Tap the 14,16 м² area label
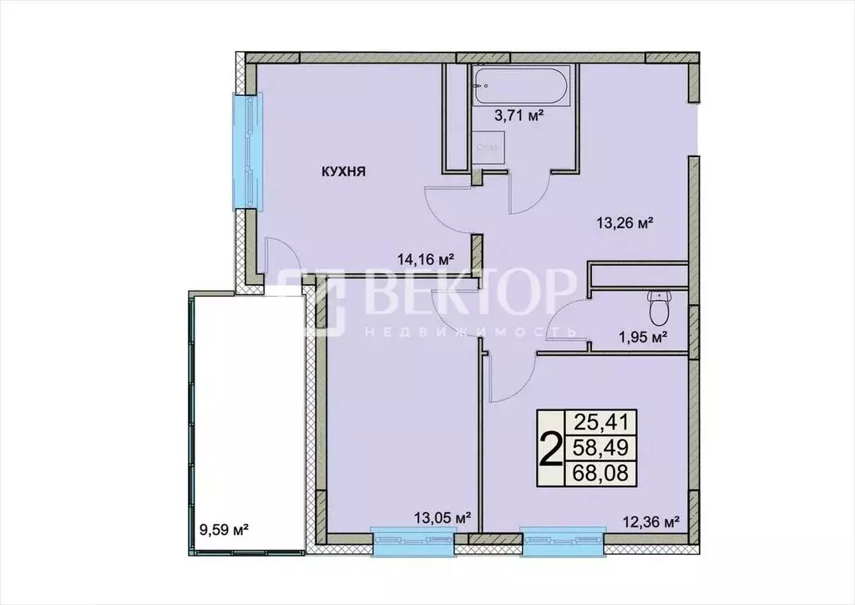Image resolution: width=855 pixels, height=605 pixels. [x=425, y=259]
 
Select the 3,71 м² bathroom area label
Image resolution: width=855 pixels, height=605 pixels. [x=519, y=115]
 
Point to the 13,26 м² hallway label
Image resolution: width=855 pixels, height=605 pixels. [x=623, y=222]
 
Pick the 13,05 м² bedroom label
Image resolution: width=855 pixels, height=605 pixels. [x=443, y=517]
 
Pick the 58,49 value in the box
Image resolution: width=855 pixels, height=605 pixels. [x=600, y=448]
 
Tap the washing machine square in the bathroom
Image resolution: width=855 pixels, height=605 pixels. [x=486, y=149]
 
